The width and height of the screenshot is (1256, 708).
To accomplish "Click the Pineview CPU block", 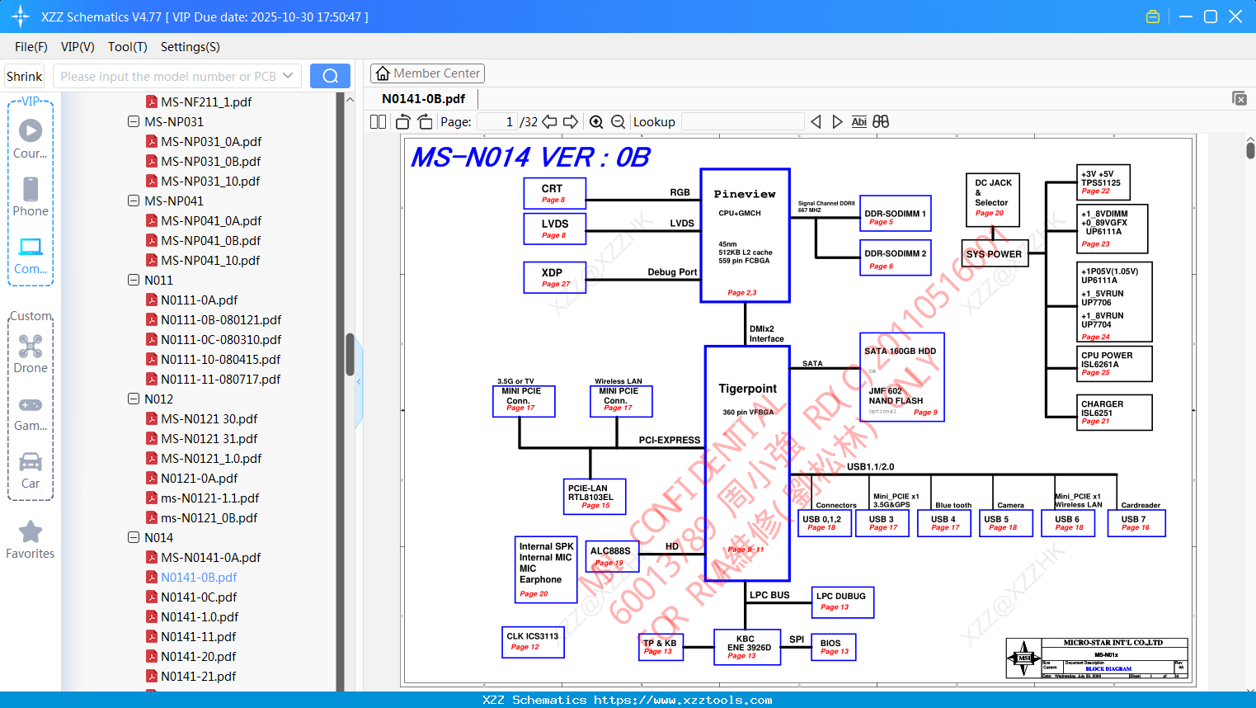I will coord(745,235).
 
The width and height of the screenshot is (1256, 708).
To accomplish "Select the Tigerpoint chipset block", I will coord(747,462).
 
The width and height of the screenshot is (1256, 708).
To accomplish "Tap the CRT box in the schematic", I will coord(554,193).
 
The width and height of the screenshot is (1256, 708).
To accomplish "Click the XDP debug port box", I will coord(554,277).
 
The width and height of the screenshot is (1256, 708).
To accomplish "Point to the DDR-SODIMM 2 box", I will coord(895,258).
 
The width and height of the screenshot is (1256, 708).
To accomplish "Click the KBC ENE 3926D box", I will coord(748,646).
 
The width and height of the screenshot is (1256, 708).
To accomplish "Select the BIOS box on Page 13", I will coord(834,647).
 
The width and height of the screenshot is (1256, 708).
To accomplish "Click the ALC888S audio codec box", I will coord(612,555).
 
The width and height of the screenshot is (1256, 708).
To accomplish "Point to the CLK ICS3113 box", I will coord(533,641).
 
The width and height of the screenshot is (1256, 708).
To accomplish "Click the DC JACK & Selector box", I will coord(992,200).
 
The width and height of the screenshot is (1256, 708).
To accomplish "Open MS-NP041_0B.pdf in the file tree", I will coord(210,240).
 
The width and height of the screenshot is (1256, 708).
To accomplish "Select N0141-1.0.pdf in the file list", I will coord(200,616).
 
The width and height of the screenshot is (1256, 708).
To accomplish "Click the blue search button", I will coord(330,76).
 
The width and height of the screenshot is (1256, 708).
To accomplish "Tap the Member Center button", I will coord(427,73).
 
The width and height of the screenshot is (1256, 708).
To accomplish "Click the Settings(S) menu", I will coord(190,47).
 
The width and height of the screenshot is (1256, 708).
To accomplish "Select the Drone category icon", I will coord(31,354).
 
